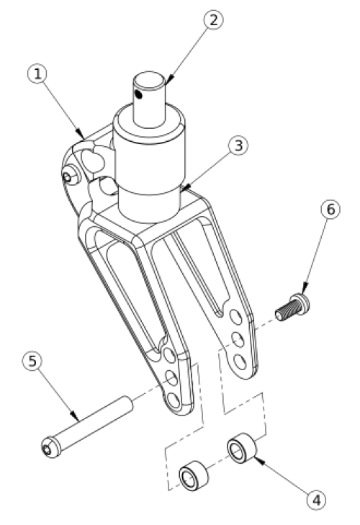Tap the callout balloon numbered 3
pyautogui.click(x=239, y=145)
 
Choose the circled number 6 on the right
pyautogui.click(x=330, y=210)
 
